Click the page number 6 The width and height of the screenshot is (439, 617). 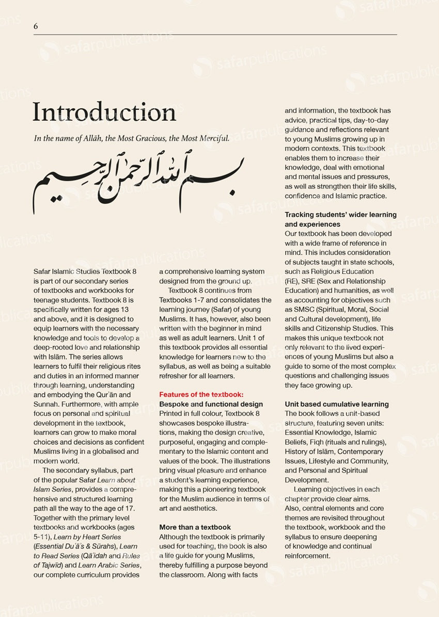click(x=36, y=26)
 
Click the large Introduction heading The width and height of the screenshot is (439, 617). click(x=104, y=112)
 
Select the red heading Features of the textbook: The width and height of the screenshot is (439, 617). click(x=201, y=395)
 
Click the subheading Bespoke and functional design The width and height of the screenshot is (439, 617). click(x=211, y=404)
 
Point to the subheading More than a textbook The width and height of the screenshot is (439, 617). click(x=195, y=527)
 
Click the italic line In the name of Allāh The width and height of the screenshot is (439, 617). click(x=132, y=138)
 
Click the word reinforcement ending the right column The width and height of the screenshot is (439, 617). click(x=307, y=556)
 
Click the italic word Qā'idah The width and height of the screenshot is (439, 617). click(x=92, y=556)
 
